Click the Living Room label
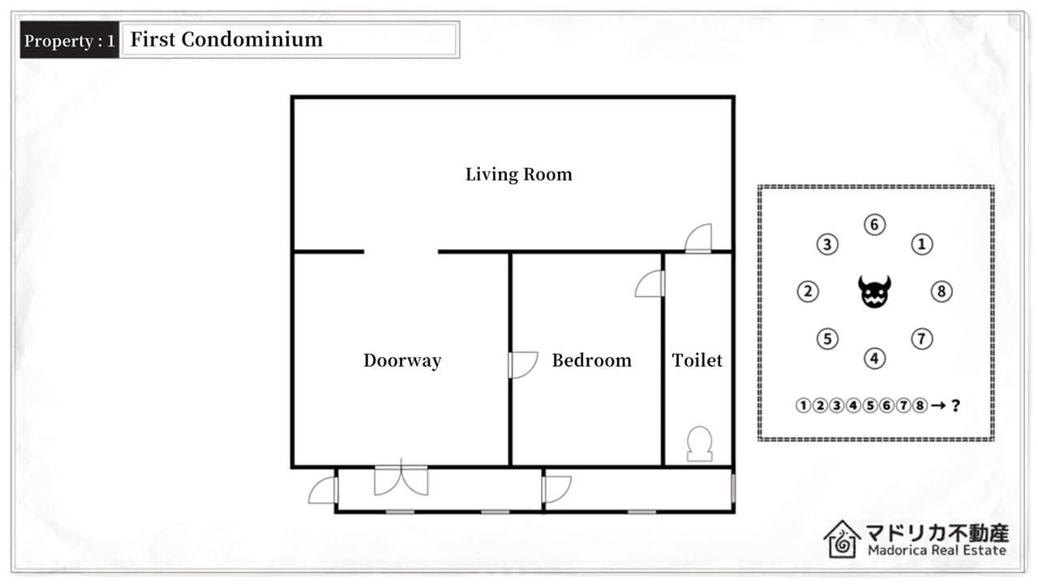518,174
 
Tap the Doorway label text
402,361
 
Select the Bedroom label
591,361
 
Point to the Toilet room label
697,361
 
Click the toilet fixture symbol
699,444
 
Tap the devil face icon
874,291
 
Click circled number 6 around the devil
874,225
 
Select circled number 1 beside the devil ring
922,244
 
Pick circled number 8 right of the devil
941,291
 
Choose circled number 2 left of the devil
808,291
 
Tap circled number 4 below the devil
874,359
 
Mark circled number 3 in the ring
827,244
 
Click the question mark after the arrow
955,406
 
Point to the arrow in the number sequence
938,406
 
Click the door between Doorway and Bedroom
523,365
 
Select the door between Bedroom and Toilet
650,284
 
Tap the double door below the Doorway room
401,480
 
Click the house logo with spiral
842,539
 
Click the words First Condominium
226,40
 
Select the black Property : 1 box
70,40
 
